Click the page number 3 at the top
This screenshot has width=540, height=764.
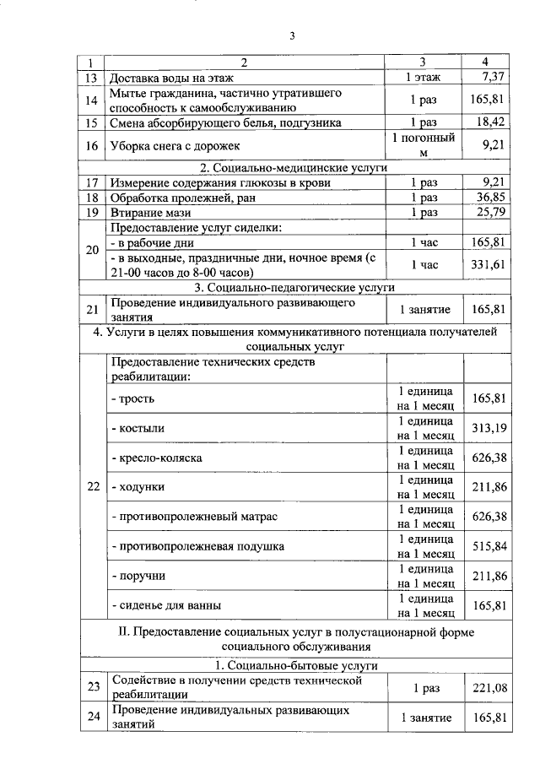292,35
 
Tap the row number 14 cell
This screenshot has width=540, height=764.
93,100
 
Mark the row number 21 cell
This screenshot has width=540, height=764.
93,310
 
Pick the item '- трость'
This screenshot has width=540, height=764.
133,398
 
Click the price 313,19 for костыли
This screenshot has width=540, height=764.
489,428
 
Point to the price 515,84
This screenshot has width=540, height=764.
489,546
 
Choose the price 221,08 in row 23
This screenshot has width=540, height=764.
489,688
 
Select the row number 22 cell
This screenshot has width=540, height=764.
93,487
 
